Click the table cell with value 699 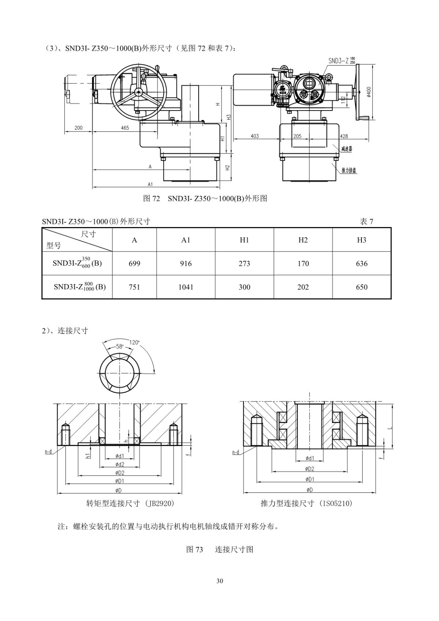coord(134,263)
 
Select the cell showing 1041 coord(185,287)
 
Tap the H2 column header coord(303,240)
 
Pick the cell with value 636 coord(362,263)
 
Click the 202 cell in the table coord(303,287)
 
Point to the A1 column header coord(185,240)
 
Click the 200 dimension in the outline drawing coord(78,128)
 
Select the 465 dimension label coord(125,128)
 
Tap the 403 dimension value coord(255,136)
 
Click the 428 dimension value coord(344,136)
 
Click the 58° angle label coord(120,346)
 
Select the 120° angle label coord(135,342)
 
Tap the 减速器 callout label coord(346,149)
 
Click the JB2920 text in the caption coord(161,503)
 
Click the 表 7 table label coord(366,221)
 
